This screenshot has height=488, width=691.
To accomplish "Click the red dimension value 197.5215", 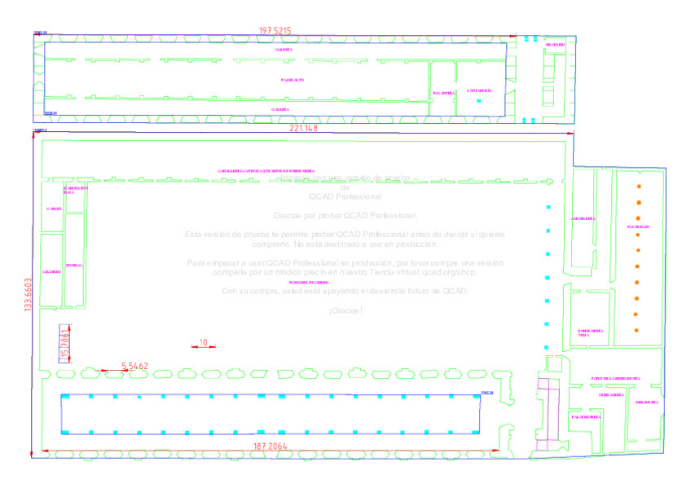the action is coord(275,31).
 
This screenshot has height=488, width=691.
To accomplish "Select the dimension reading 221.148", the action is coord(304,129).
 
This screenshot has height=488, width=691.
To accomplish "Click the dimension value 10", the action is coord(203,342).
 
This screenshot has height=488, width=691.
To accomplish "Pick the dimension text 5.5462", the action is coord(134,366).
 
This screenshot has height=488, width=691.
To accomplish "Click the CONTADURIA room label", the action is coord(479,90).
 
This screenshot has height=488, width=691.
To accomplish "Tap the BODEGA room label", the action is coord(74,266).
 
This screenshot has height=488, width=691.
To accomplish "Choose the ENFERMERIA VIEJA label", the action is coord(591,332).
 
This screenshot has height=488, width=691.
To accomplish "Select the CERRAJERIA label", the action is coord(611,393).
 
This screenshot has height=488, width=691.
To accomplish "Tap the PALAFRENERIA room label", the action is coord(586,416).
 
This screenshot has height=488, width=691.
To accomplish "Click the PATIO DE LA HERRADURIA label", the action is coord(615,379).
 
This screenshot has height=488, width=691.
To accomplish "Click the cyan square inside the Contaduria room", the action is coord(479,101).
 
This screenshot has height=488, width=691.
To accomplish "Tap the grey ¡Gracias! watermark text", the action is coord(345,310).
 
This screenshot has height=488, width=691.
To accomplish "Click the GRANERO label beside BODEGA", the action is coord(51,271).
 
